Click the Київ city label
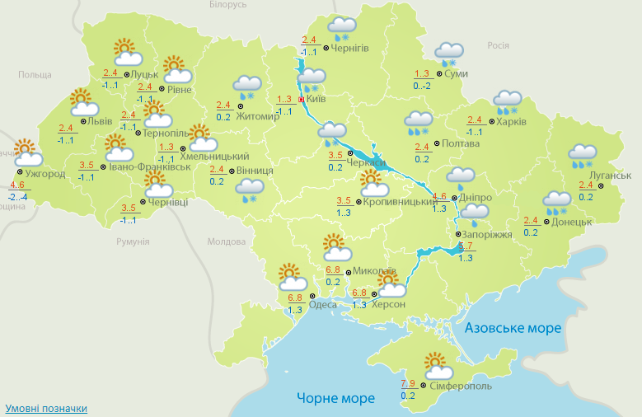coord(316,99)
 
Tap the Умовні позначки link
coord(45,409)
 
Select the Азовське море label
coord(513,328)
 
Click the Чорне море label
coord(335,399)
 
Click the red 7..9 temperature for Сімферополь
coord(408,384)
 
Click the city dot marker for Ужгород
coord(20,174)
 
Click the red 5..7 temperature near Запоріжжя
coord(466,246)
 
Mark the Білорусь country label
coord(227,5)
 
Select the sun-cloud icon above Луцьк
coord(126,53)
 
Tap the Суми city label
coord(456,73)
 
